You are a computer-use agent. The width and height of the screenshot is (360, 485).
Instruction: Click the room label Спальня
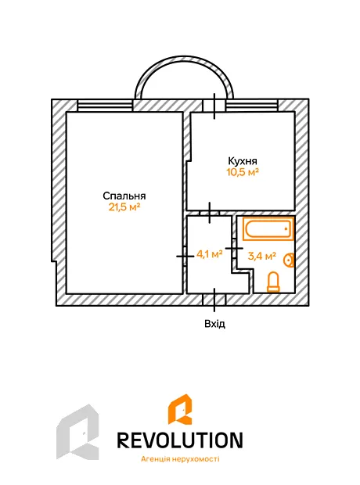pos(124,196)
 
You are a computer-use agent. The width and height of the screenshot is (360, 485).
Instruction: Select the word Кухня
pos(243,161)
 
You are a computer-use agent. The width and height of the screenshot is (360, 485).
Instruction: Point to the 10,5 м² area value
pos(243,171)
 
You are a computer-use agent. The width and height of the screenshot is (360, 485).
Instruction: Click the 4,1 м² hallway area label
pos(210,254)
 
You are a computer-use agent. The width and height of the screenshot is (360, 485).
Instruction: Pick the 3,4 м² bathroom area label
pos(262,256)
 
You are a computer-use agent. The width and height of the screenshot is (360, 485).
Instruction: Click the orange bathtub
pos(268,229)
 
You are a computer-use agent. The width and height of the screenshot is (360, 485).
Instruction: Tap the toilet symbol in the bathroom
pos(273,282)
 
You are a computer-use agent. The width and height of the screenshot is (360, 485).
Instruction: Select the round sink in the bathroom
pos(289,260)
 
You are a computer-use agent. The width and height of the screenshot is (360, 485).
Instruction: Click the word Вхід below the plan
pos(214,324)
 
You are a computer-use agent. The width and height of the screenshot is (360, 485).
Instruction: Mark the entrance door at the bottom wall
pos(214,300)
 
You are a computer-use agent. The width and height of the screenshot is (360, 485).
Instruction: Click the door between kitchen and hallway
pos(210,213)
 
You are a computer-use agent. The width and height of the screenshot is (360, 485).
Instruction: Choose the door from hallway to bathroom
pos(234,249)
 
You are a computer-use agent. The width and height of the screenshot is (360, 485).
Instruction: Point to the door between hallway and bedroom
pos(185,256)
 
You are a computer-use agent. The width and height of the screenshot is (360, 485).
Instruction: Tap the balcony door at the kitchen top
pos(214,106)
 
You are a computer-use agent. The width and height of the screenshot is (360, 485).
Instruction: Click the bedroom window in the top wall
pos(105,106)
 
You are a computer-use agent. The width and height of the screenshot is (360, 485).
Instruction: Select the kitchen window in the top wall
pos(252,106)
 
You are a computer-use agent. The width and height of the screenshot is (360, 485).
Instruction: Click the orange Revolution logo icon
pos(180,409)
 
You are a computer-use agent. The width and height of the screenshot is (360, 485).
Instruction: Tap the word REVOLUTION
pos(180,440)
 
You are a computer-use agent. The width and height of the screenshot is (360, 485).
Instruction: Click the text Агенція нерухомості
pos(180,458)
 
